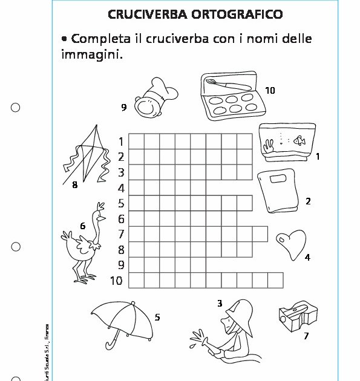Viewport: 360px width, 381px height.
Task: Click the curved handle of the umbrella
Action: point(112,344)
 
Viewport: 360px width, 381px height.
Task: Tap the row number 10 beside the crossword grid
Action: point(116,281)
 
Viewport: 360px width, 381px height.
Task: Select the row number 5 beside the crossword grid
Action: point(120,203)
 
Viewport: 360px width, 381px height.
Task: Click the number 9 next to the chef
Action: point(123,108)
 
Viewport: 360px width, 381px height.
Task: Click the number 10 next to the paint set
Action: point(270,90)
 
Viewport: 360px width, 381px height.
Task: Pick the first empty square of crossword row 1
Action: point(136,141)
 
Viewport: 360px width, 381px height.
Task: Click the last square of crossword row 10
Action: point(275,281)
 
